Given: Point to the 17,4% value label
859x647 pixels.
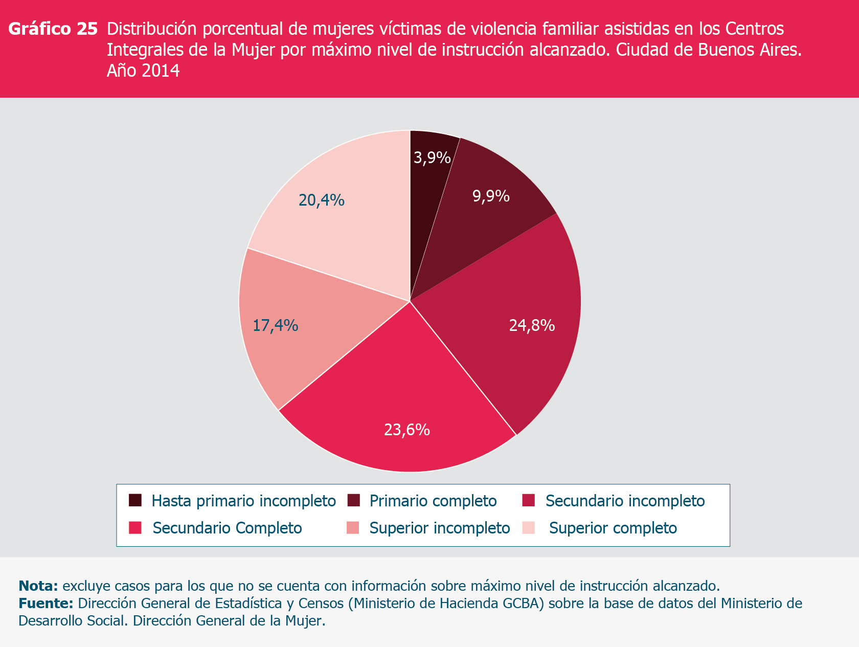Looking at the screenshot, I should tap(276, 325).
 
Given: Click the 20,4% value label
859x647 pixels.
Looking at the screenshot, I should tap(322, 200).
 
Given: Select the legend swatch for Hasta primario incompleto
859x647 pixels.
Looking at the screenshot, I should tap(135, 500).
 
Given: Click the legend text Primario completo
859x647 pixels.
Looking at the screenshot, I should tap(433, 501).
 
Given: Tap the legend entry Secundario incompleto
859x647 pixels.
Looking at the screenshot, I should tap(625, 501).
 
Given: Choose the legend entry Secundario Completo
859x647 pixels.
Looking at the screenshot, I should tap(227, 528).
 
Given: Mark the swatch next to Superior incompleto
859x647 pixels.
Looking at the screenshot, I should tap(353, 528).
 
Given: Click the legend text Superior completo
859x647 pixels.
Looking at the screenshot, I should tap(613, 528).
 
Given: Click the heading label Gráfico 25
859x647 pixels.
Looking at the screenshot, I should tap(53, 29).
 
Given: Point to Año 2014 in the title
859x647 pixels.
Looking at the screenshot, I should tap(143, 71).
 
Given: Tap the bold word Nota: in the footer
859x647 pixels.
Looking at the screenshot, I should tap(38, 586).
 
